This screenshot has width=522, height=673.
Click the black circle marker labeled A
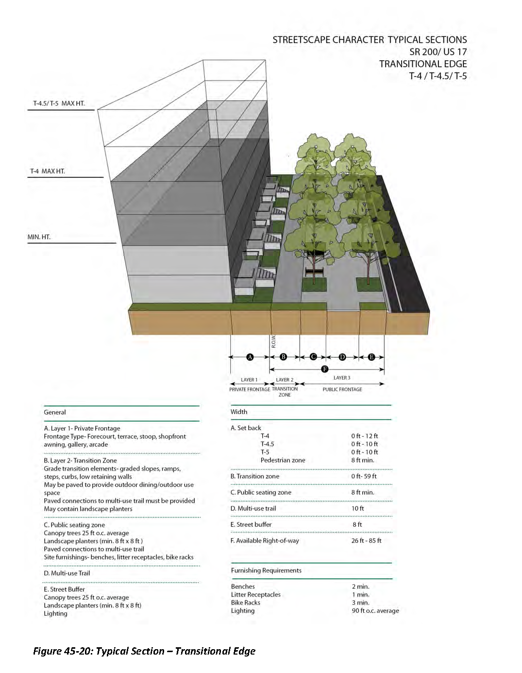tap(250, 357)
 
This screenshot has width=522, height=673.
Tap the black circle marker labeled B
tap(284, 357)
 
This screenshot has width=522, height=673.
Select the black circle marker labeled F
tap(325, 369)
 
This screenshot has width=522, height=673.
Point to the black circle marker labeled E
tap(371, 357)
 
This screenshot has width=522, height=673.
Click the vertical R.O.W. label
tap(273, 341)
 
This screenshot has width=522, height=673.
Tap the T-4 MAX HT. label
tap(48, 171)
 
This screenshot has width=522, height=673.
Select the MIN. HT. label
tap(39, 237)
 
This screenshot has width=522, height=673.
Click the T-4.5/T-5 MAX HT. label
tap(59, 103)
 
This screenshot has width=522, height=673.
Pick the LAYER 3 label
tap(342, 378)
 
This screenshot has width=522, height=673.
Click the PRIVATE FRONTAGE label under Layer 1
tap(250, 389)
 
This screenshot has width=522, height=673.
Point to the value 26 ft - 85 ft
tap(366, 540)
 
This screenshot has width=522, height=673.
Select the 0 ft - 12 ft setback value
tap(364, 436)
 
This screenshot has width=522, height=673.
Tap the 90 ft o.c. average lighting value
tap(375, 611)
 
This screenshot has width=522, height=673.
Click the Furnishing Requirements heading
tap(266, 571)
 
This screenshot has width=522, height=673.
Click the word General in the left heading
tap(55, 412)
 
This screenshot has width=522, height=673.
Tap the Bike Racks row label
tap(246, 603)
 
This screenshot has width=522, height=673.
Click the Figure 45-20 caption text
tap(144, 651)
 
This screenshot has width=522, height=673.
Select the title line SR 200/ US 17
tap(438, 52)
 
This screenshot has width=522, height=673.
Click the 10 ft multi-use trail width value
tap(358, 508)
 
